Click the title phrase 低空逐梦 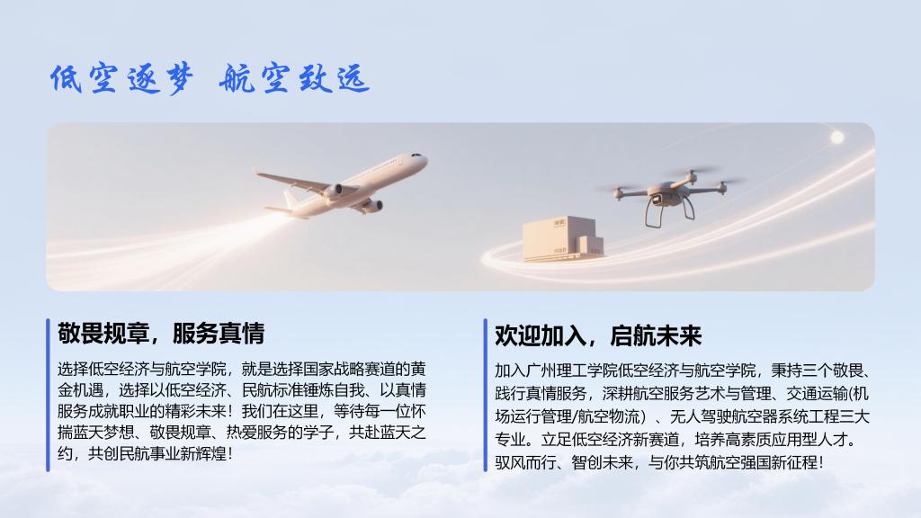tap(121, 79)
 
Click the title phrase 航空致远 tap(294, 79)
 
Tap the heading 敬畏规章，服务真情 tap(161, 333)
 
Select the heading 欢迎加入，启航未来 tap(598, 336)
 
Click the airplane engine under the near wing tap(334, 191)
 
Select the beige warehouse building tap(563, 238)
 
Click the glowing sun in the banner tap(837, 138)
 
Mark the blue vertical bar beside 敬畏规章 tap(48, 395)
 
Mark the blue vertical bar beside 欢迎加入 tap(485, 395)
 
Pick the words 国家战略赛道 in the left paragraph tap(350, 369)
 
